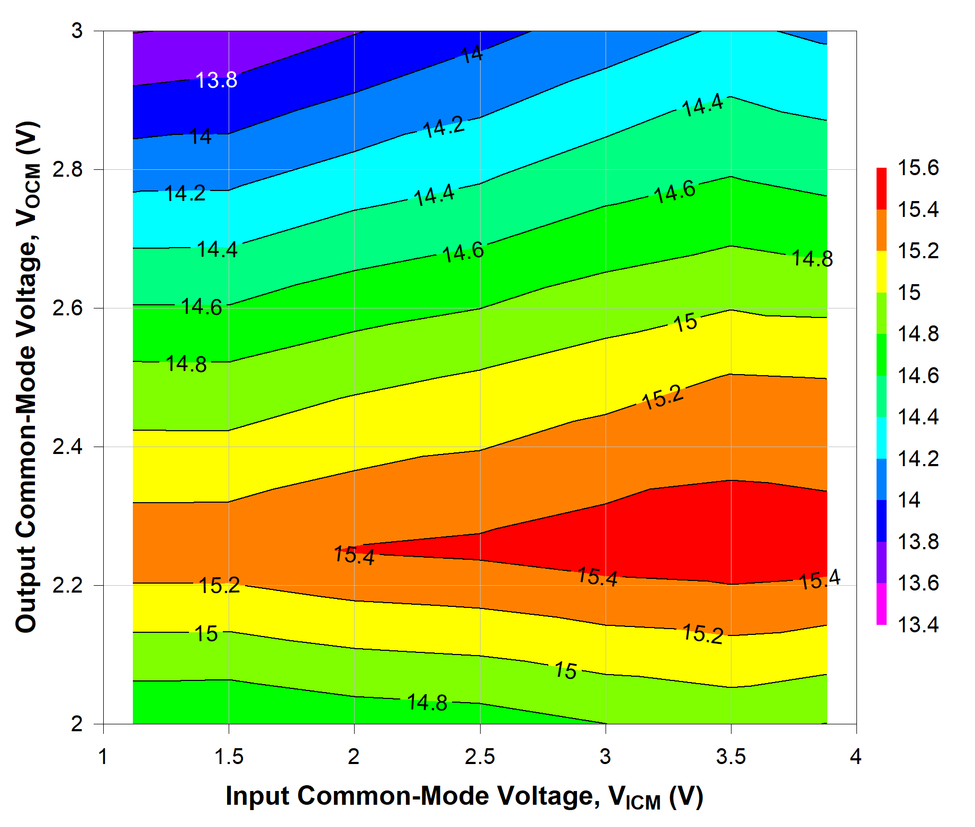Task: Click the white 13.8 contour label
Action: (216, 80)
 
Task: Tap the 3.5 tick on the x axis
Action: (731, 757)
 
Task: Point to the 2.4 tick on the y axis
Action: (68, 447)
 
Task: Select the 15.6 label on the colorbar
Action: (917, 168)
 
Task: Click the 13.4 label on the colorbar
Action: (917, 625)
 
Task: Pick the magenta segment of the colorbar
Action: (881, 604)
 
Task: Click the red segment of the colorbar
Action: (881, 189)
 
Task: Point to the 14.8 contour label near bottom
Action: (427, 703)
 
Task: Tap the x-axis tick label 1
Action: (103, 757)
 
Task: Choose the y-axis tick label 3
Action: (77, 31)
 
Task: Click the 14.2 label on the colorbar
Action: (917, 459)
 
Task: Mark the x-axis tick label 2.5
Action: (480, 757)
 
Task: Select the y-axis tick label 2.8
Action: (68, 170)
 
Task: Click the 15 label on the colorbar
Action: (909, 293)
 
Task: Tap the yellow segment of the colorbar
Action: (881, 271)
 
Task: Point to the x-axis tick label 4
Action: (856, 757)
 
